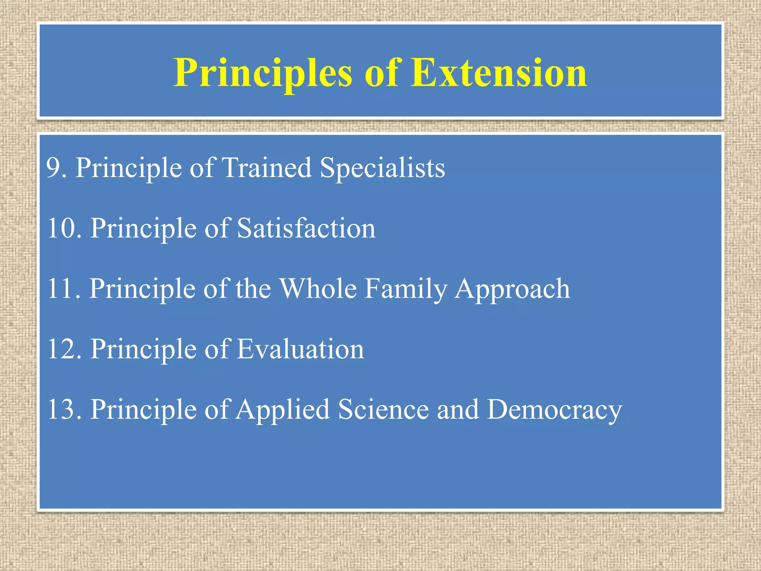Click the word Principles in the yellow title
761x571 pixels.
click(263, 73)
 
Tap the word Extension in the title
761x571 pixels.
click(498, 73)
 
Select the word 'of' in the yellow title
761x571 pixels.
click(381, 73)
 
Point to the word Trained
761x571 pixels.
click(266, 168)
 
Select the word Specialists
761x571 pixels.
click(382, 168)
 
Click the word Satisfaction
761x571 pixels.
click(306, 228)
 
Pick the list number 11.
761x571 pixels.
click(64, 289)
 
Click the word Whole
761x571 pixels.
click(318, 289)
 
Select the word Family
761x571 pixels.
click(405, 289)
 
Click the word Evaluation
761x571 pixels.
click(300, 349)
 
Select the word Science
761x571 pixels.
click(383, 410)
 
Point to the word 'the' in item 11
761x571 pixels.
click(253, 289)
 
